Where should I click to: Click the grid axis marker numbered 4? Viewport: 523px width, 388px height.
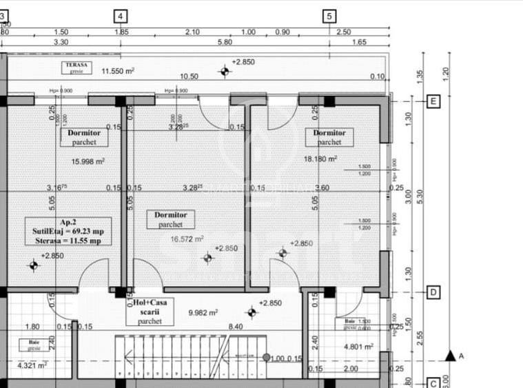[x=121, y=16]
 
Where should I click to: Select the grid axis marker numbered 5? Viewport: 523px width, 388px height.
[x=329, y=16]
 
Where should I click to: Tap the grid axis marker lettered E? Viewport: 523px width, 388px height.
[x=433, y=101]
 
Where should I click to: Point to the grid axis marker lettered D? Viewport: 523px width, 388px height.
[x=433, y=292]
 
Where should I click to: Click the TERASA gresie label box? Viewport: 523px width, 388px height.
[x=76, y=68]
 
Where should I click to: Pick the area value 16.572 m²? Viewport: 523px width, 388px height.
[x=187, y=239]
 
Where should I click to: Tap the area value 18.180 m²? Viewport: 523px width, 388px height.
[x=320, y=159]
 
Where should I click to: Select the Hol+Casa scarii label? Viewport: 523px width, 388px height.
[x=150, y=312]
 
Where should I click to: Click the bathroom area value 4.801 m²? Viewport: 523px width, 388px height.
[x=358, y=347]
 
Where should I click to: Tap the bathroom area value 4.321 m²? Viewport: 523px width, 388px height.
[x=32, y=365]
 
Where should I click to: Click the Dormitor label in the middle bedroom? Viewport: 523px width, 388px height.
[x=170, y=220]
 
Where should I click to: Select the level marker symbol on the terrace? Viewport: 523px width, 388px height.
[x=224, y=71]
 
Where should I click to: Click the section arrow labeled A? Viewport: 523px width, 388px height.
[x=451, y=356]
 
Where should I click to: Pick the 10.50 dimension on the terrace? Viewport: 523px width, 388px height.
[x=189, y=76]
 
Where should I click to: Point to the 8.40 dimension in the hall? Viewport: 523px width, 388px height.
[x=236, y=327]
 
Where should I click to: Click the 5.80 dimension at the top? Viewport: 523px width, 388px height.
[x=224, y=43]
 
